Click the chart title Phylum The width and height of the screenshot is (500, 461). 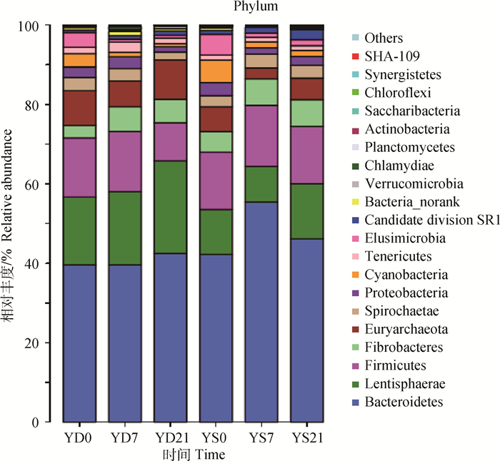[x=250, y=7]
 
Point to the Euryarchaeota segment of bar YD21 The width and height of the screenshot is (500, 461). [x=171, y=79]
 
